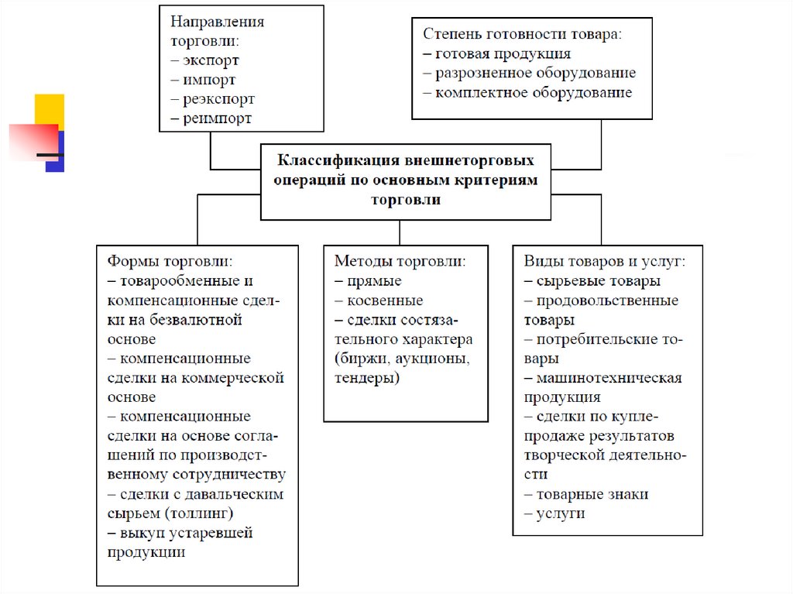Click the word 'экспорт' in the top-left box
point(211,60)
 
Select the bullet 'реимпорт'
point(217,118)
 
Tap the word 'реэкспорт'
point(218,99)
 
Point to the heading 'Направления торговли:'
point(217,31)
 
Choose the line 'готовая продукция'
point(503,53)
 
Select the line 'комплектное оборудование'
point(534,92)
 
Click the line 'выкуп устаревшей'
point(186,533)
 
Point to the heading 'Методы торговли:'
point(400,262)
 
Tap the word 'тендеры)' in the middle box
point(367,378)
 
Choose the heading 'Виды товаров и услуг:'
point(604,262)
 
